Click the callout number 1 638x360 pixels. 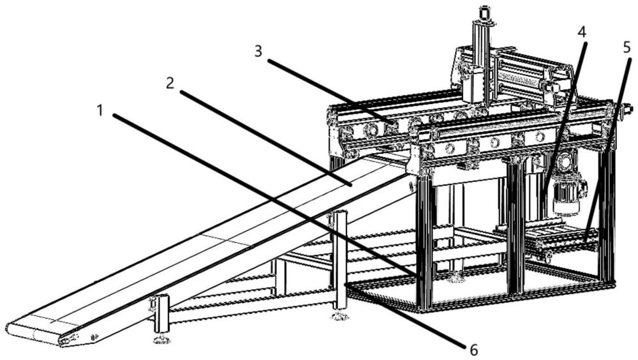[x=100, y=111]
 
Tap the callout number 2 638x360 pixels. [x=170, y=84]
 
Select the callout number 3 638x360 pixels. [x=258, y=52]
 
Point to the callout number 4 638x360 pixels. [x=582, y=32]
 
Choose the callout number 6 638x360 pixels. [x=473, y=349]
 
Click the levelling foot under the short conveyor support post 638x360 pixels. [x=162, y=339]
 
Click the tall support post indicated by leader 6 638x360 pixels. [x=340, y=260]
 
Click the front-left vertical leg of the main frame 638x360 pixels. [x=425, y=240]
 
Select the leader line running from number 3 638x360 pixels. [x=330, y=91]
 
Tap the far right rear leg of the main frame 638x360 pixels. [x=606, y=216]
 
